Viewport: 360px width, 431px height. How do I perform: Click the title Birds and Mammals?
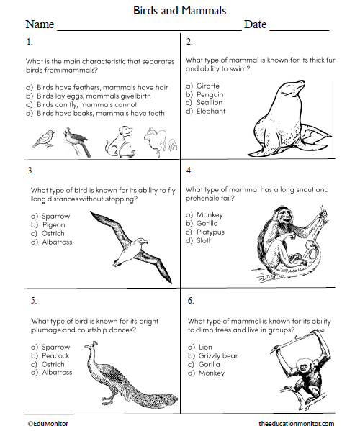tap(180, 10)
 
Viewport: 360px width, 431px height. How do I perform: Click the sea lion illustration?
tap(285, 119)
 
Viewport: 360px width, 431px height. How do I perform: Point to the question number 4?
tap(189, 171)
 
